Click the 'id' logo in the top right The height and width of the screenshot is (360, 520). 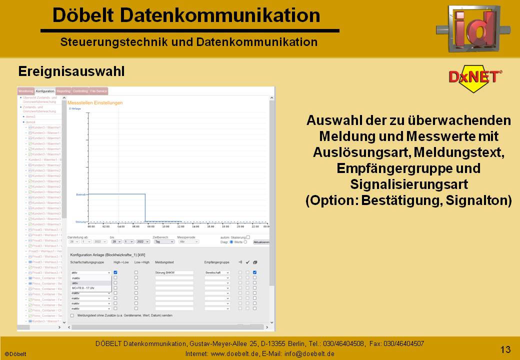pyautogui.click(x=472, y=29)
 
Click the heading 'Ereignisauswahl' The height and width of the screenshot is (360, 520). pyautogui.click(x=71, y=71)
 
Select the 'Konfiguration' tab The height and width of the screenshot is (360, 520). pyautogui.click(x=45, y=91)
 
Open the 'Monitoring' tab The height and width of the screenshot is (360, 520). pyautogui.click(x=25, y=91)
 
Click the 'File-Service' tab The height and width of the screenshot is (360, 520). pyautogui.click(x=98, y=91)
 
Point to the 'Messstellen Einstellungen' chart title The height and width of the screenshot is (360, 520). pyautogui.click(x=94, y=103)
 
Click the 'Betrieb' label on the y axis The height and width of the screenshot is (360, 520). pyautogui.click(x=81, y=194)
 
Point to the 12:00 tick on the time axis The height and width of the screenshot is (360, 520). pyautogui.click(x=180, y=226)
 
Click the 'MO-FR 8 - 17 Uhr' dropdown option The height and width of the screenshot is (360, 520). pyautogui.click(x=83, y=288)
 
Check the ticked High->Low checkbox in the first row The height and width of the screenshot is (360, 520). pyautogui.click(x=115, y=272)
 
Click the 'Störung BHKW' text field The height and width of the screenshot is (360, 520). pyautogui.click(x=174, y=272)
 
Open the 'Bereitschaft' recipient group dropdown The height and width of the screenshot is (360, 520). pyautogui.click(x=217, y=272)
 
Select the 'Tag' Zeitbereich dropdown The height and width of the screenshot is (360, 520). pyautogui.click(x=163, y=241)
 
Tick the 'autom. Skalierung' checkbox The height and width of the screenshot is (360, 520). pyautogui.click(x=248, y=237)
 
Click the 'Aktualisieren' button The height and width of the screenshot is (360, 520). pyautogui.click(x=261, y=242)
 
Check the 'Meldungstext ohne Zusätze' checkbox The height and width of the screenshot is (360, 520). pyautogui.click(x=72, y=315)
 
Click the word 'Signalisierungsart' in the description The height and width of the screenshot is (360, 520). pyautogui.click(x=408, y=184)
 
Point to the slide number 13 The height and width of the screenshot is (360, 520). pyautogui.click(x=505, y=349)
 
